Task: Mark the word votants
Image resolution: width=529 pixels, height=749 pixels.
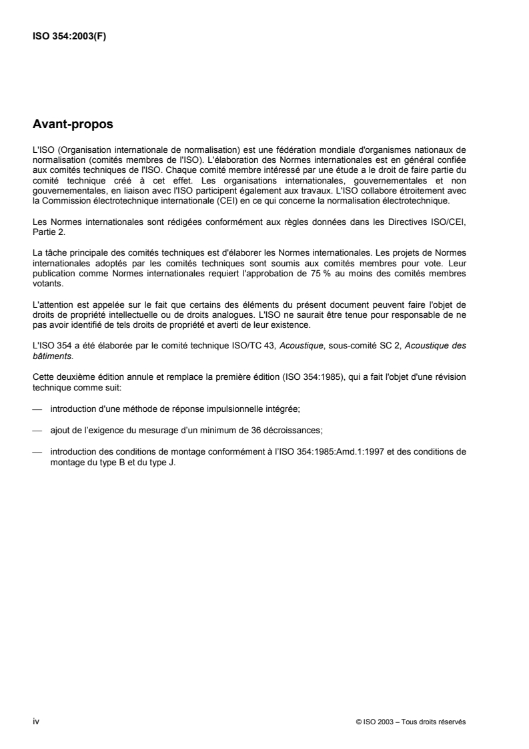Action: point(45,282)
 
